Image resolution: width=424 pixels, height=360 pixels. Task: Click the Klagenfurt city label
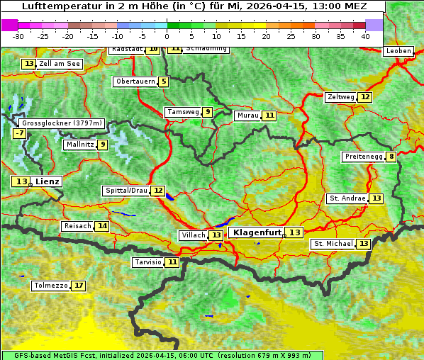point(257,232)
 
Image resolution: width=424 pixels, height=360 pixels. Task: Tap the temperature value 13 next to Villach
point(216,235)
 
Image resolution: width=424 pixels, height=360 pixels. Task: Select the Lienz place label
point(48,181)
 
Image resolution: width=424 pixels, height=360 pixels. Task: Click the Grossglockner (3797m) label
point(62,123)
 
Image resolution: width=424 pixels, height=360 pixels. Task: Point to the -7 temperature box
point(19,133)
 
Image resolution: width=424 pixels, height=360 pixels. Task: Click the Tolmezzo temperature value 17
point(78,286)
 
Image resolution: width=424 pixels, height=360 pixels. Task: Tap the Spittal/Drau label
point(125,191)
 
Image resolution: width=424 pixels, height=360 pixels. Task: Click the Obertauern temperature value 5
point(164,81)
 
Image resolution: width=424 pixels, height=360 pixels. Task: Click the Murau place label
point(247,116)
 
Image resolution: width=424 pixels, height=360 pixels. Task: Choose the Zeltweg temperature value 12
point(364,97)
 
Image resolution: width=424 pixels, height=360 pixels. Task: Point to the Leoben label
point(397,51)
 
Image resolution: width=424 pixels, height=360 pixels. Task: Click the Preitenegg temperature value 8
point(391,157)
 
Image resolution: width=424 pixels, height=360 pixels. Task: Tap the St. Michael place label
point(333,244)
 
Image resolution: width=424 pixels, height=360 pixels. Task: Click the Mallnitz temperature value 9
point(103,145)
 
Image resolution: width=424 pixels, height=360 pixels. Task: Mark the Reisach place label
point(77,226)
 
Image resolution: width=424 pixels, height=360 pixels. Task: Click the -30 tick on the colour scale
point(18,36)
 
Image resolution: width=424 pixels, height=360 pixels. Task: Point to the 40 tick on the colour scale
point(365,36)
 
